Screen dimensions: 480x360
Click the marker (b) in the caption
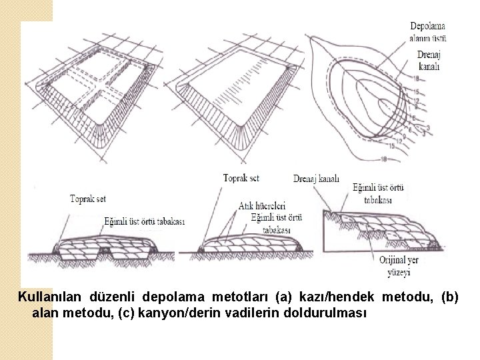click(447, 296)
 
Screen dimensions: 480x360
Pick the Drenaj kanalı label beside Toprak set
click(316, 178)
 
